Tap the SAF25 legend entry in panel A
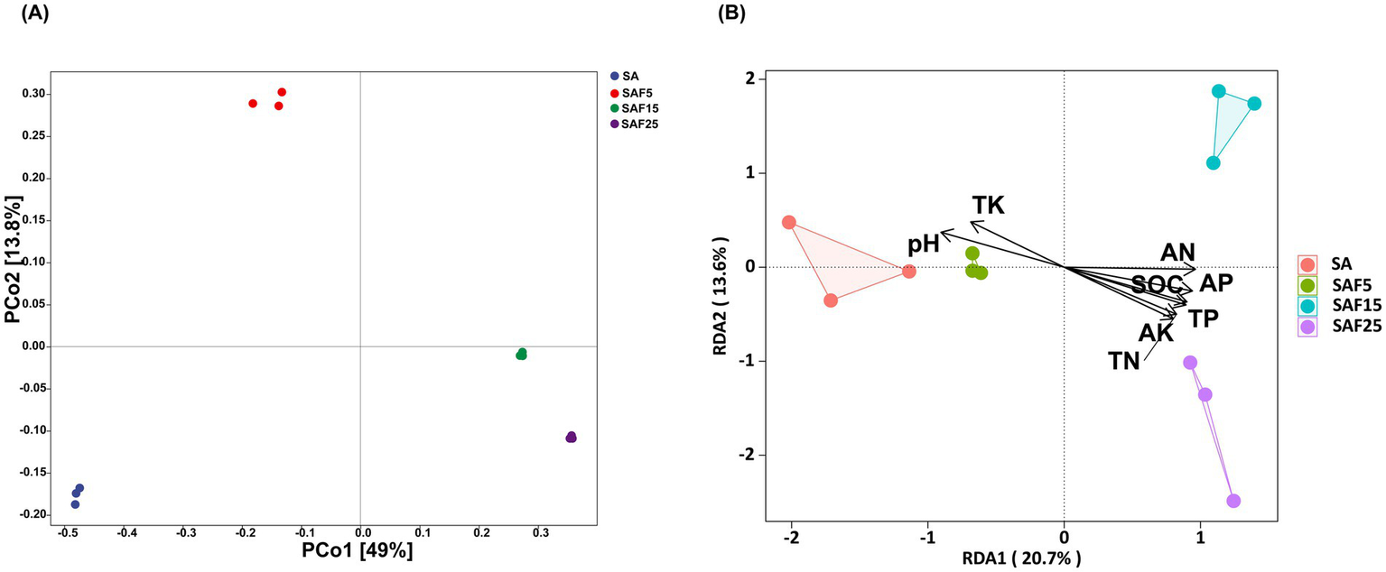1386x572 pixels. [x=637, y=124]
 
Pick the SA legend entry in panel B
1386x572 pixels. [x=1335, y=264]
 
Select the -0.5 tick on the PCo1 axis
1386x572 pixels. [x=67, y=534]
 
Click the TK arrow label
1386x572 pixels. [x=988, y=206]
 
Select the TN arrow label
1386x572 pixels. [x=1124, y=362]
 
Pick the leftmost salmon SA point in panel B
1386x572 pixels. [x=788, y=222]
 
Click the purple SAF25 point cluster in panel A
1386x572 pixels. [x=571, y=438]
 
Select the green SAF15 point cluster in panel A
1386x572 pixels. [x=521, y=354]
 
